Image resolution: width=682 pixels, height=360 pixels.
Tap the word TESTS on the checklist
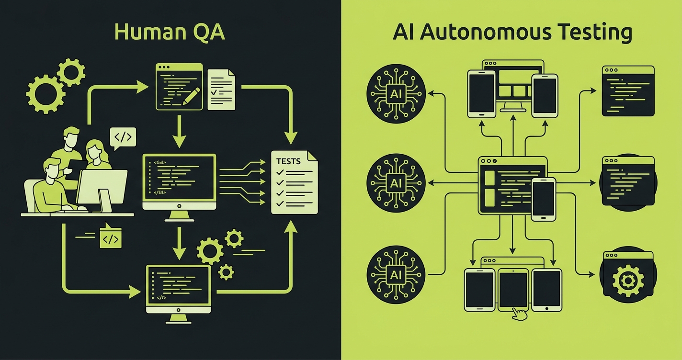pos(288,161)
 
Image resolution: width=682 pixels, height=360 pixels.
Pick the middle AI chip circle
pos(396,182)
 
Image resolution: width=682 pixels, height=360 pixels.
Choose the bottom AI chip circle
pos(396,274)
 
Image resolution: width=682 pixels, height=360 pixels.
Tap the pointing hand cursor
pos(518,314)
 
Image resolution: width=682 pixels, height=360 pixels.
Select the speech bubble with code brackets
pos(123,137)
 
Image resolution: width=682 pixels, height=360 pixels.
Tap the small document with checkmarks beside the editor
pos(221,89)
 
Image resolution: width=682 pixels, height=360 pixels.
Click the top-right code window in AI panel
pos(628,91)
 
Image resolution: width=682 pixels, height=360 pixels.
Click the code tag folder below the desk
pos(110,237)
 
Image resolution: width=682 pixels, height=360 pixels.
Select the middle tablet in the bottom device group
pos(513,287)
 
